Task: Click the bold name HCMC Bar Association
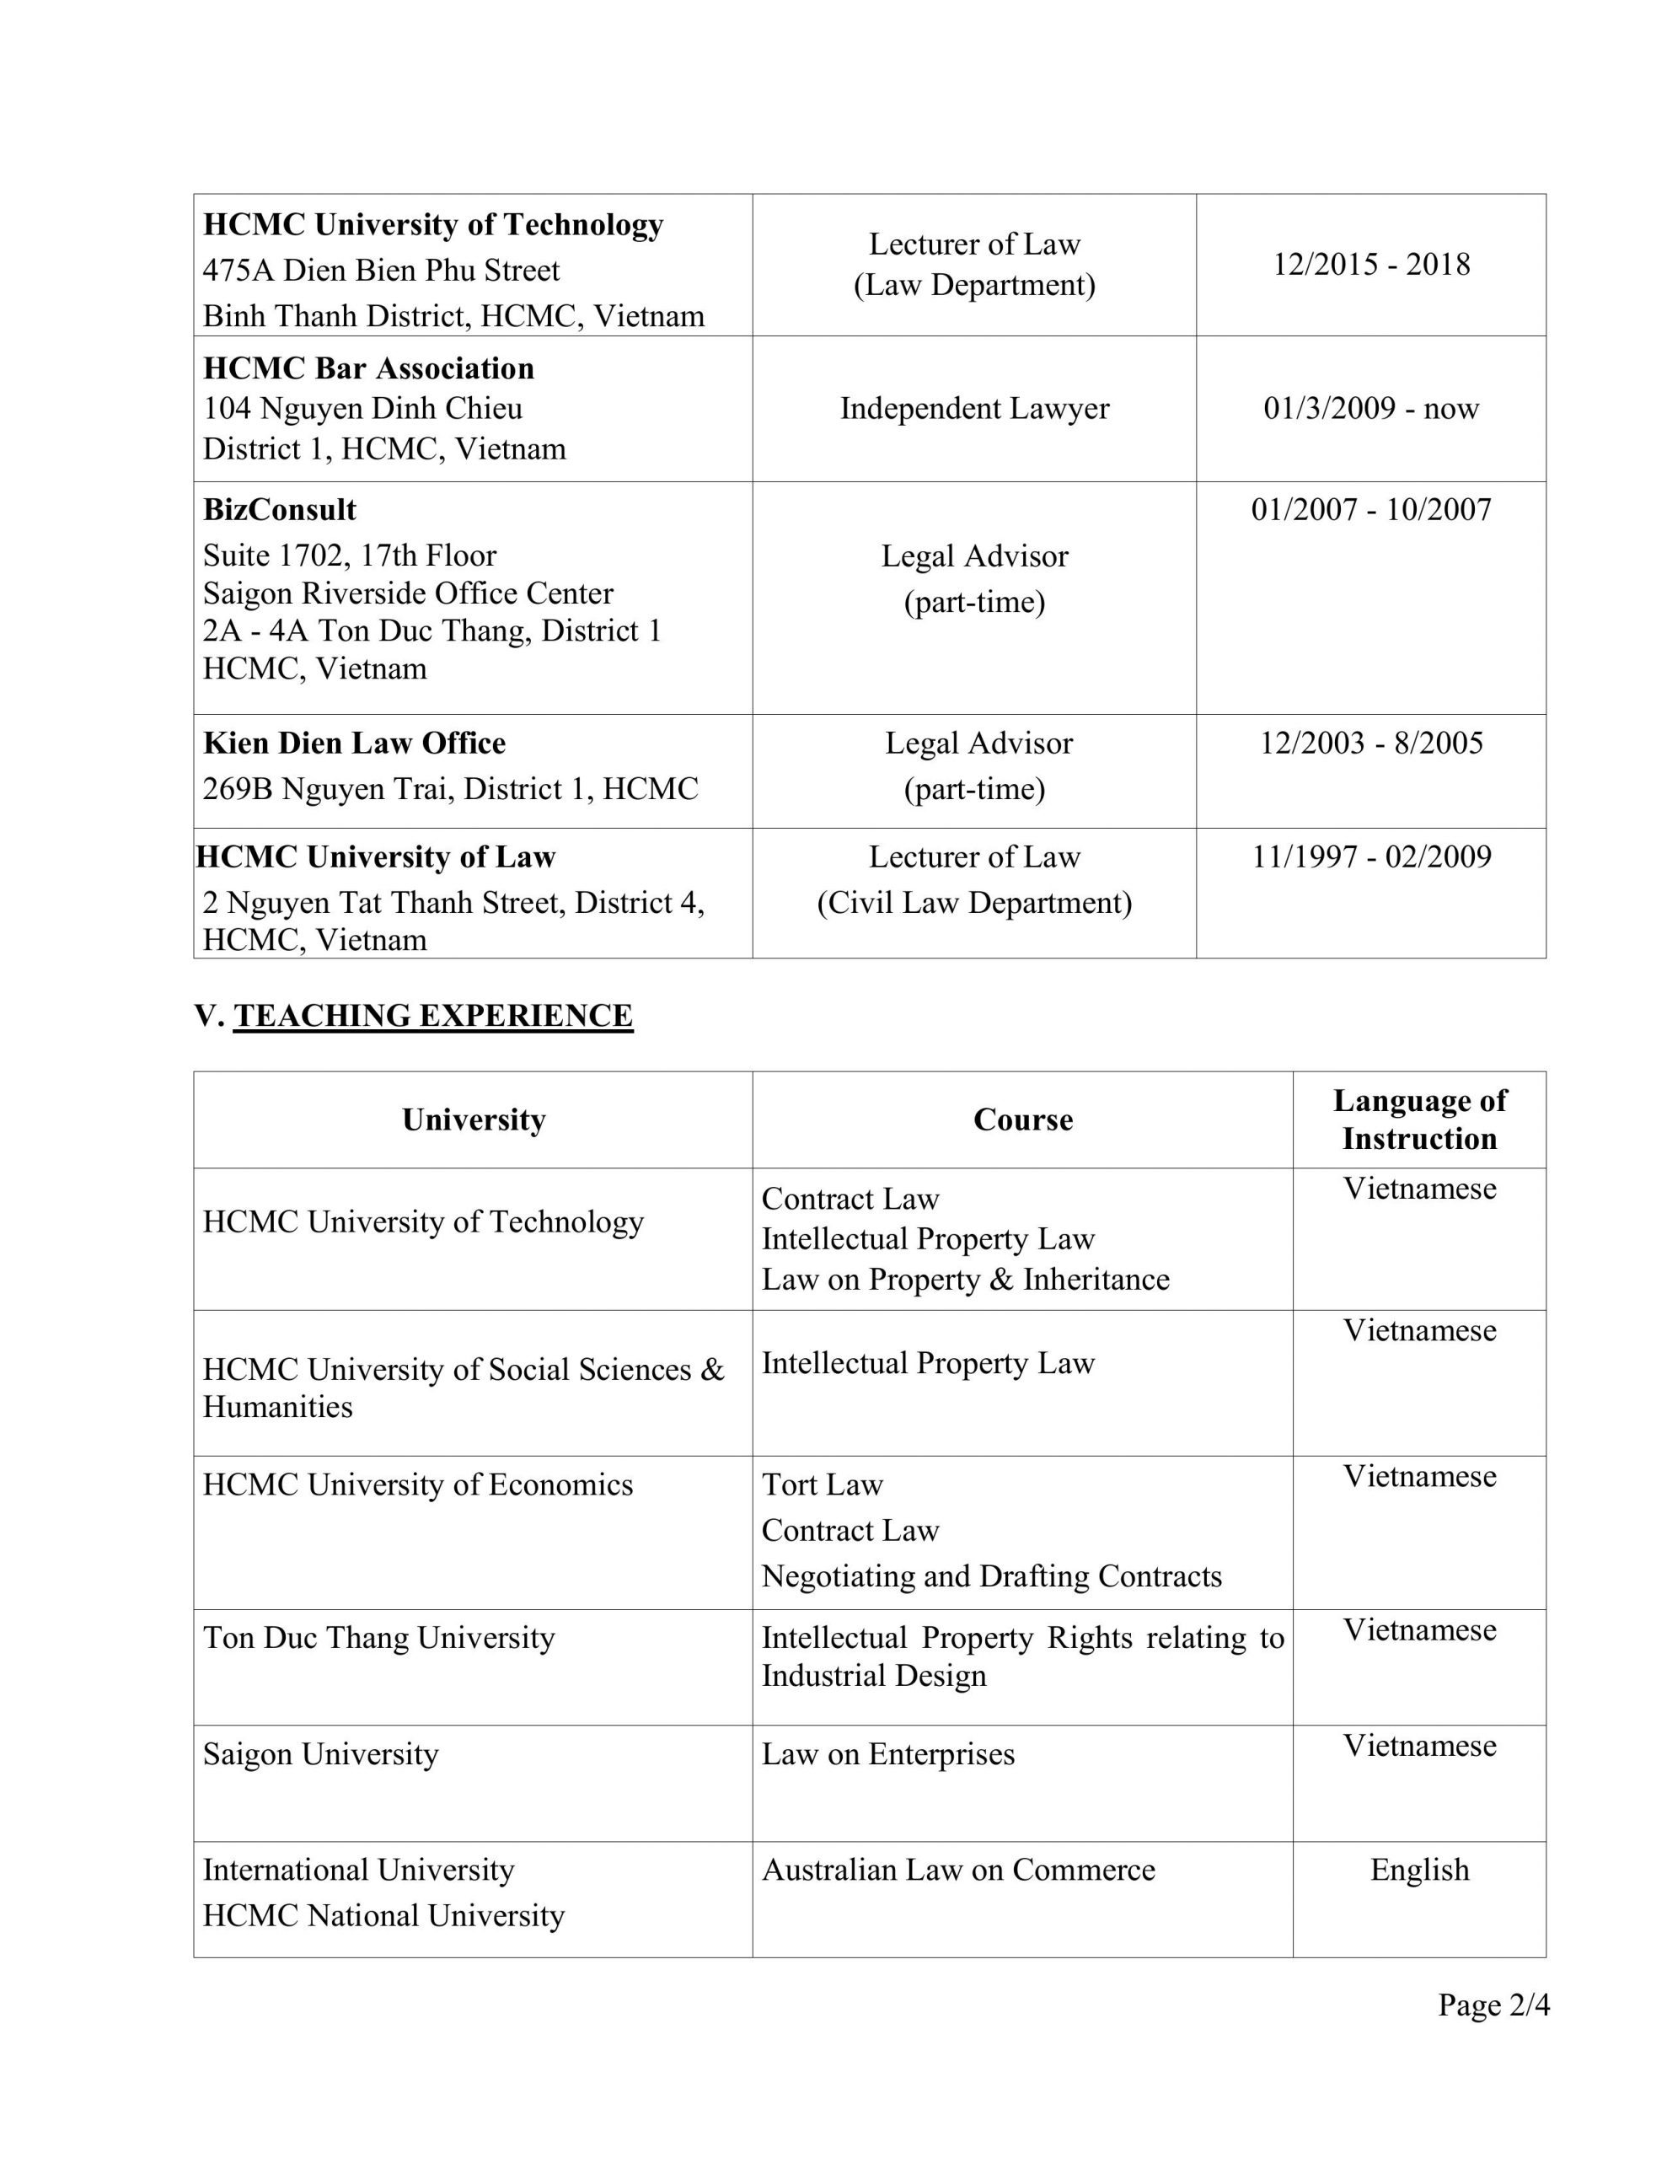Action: pyautogui.click(x=368, y=368)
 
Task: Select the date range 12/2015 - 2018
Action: pyautogui.click(x=1370, y=265)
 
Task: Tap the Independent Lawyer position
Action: pyautogui.click(x=974, y=408)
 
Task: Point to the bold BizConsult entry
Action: pyautogui.click(x=280, y=510)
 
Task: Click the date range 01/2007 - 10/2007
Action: pyautogui.click(x=1370, y=510)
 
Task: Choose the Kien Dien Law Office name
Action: pyautogui.click(x=354, y=743)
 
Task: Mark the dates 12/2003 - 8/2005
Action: pyautogui.click(x=1370, y=743)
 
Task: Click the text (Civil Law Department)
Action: pyautogui.click(x=974, y=903)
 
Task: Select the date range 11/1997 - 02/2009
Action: pyautogui.click(x=1370, y=856)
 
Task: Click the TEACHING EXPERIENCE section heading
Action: pyautogui.click(x=433, y=1016)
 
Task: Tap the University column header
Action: pyautogui.click(x=474, y=1119)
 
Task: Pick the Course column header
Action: pyautogui.click(x=1023, y=1119)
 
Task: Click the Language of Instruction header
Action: pyautogui.click(x=1419, y=1119)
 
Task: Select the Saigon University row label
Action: pyautogui.click(x=320, y=1754)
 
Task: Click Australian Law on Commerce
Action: pyautogui.click(x=957, y=1871)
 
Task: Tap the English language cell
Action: pyautogui.click(x=1419, y=1871)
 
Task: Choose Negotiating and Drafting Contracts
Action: pyautogui.click(x=991, y=1576)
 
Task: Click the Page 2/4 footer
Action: pyautogui.click(x=1493, y=2005)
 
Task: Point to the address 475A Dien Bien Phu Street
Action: pyautogui.click(x=382, y=271)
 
